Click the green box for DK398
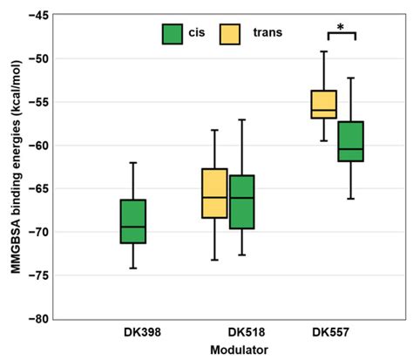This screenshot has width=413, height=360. coord(132,221)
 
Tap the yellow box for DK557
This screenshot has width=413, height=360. coord(323,104)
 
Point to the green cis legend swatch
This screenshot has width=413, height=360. coord(172,34)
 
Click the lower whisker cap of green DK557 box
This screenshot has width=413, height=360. coord(350,199)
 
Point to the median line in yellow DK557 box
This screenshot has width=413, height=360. coord(323,112)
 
